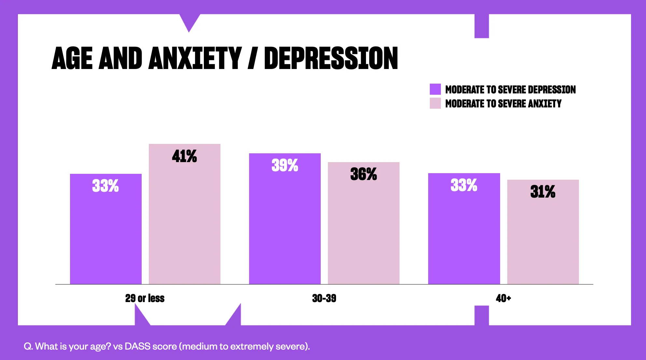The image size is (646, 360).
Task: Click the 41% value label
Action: click(184, 156)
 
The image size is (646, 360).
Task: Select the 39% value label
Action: click(285, 165)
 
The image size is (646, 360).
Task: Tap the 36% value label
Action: click(363, 174)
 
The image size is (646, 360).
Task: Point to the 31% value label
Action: click(543, 191)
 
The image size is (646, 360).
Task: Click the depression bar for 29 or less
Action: click(106, 234)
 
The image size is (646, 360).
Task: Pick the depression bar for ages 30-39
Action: click(285, 228)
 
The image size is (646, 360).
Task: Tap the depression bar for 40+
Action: click(464, 234)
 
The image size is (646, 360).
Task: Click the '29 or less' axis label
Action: click(145, 298)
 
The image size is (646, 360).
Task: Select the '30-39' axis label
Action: click(324, 298)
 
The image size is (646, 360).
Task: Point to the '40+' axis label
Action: click(503, 298)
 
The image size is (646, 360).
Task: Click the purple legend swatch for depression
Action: click(435, 89)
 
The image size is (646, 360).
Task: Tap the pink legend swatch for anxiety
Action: click(435, 103)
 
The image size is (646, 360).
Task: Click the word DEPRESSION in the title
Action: click(331, 58)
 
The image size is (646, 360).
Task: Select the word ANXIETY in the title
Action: click(195, 58)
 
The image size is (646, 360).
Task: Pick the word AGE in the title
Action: click(72, 58)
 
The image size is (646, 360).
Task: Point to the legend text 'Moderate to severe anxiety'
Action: click(503, 104)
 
